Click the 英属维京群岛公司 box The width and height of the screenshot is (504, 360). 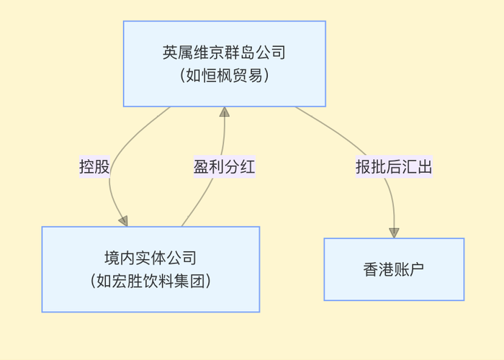coord(224,63)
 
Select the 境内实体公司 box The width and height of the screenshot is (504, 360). coord(150,269)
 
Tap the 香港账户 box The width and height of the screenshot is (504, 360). coord(394,269)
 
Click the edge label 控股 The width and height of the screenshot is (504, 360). coord(94,167)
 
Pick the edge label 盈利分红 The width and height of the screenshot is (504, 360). coord(224,167)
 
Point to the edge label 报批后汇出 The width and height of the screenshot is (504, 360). coord(394,167)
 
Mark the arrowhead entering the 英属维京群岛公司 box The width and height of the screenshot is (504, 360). coord(225,112)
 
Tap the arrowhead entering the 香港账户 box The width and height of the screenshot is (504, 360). coord(394,233)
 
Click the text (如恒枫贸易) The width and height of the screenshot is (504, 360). coord(224,75)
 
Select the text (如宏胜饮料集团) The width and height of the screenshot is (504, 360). coord(150,281)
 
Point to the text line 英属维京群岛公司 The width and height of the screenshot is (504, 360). coord(224,53)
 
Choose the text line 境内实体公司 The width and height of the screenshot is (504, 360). coord(150,258)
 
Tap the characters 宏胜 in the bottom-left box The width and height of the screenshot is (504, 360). coord(127,281)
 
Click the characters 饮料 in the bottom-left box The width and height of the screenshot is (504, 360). coord(158,281)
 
